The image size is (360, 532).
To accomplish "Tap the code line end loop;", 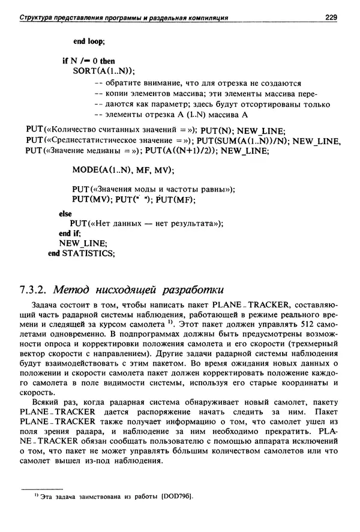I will (x=89, y=42).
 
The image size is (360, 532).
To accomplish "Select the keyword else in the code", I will (x=65, y=213).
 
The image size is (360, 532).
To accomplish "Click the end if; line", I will (x=70, y=233).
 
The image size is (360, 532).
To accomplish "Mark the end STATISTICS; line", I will (x=81, y=253).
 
